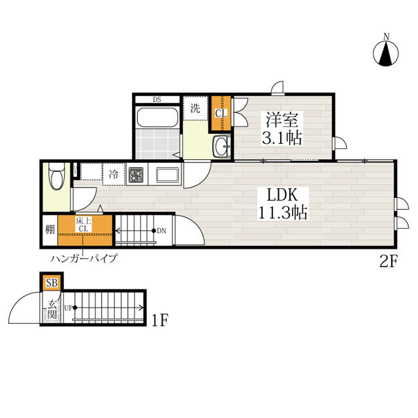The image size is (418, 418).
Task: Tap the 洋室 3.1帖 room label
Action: (281, 129)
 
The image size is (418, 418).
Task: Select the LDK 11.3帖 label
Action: (283, 204)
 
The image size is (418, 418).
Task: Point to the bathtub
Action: (157, 118)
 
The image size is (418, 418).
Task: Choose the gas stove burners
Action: (137, 175)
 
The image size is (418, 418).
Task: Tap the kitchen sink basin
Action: (167, 175)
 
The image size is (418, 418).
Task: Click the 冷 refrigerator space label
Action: (114, 174)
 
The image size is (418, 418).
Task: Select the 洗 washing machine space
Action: (196, 108)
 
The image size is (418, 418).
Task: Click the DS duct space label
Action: (157, 100)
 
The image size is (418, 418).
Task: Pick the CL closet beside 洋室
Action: (221, 113)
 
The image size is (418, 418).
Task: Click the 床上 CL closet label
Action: (84, 225)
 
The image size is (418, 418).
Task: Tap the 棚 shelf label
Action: (50, 229)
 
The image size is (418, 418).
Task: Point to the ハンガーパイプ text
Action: (84, 259)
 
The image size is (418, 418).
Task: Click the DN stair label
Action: (161, 231)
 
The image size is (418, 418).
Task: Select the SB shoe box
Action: (52, 283)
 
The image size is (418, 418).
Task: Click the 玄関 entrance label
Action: (52, 310)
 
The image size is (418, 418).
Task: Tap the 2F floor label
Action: (389, 261)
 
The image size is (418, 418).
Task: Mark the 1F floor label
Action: (159, 320)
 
